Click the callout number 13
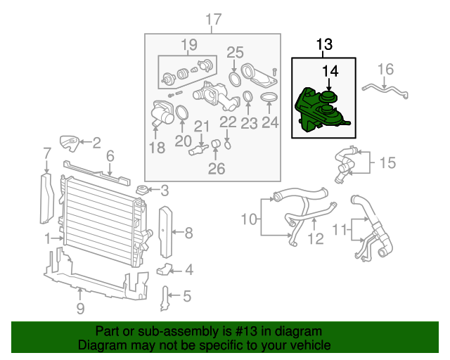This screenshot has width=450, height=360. click(324, 44)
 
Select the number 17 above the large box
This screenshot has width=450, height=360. click(214, 20)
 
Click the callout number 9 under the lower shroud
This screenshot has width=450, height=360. click(81, 308)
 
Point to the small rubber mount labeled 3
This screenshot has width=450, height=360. click(142, 190)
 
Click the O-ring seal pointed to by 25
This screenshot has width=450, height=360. click(234, 79)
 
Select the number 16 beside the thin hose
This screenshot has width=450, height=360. click(385, 69)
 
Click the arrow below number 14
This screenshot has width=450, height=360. click(329, 85)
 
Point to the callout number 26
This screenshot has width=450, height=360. click(217, 169)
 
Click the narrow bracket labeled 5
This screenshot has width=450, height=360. click(165, 299)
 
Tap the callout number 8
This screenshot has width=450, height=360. click(188, 233)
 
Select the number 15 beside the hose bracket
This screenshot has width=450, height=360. click(387, 162)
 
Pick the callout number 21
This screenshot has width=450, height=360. click(202, 126)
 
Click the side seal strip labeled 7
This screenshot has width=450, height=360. click(47, 198)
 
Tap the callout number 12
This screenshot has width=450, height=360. click(316, 238)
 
